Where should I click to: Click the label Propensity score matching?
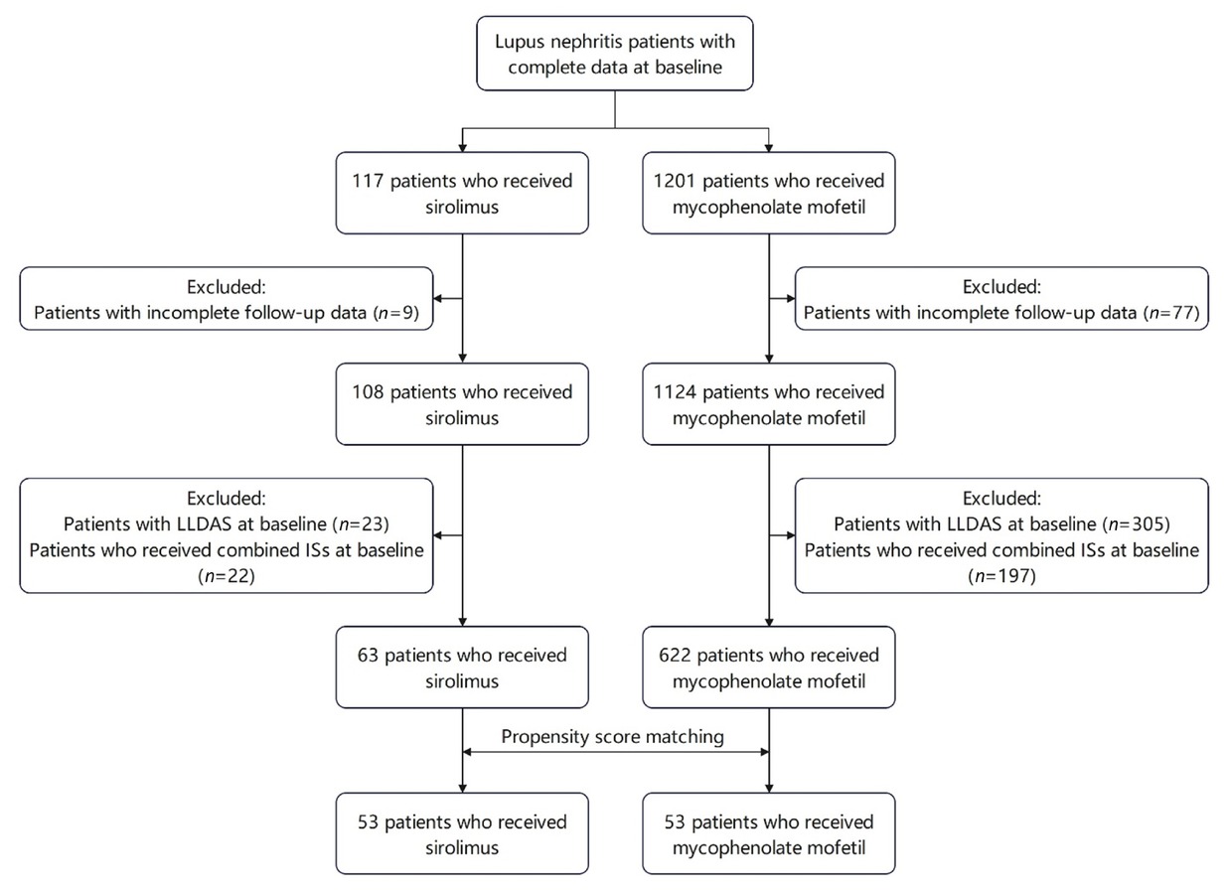point(614,737)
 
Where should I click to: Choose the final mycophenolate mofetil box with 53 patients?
point(769,834)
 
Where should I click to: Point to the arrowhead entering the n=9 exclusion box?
point(440,298)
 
